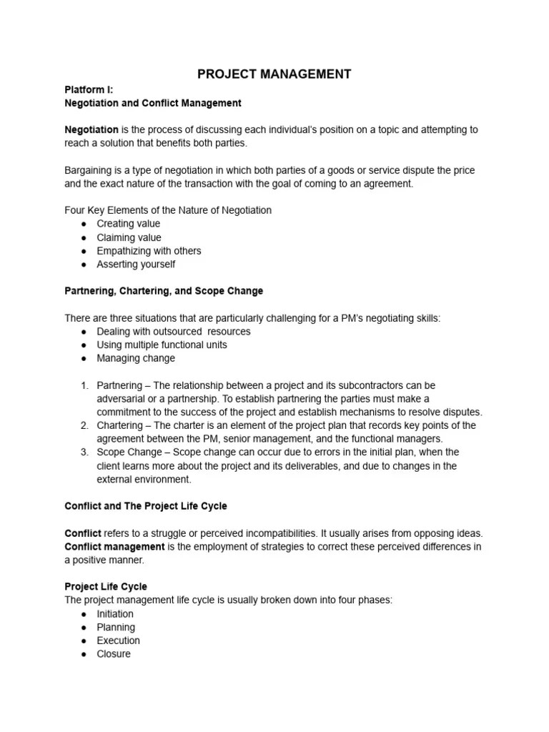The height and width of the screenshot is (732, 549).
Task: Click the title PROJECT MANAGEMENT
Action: tap(274, 74)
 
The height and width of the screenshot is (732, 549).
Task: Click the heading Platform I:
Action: tap(89, 89)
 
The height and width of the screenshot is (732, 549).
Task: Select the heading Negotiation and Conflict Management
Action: tap(153, 103)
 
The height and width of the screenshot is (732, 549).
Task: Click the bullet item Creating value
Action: tap(129, 224)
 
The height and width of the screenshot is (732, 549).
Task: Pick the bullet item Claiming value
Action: tap(129, 237)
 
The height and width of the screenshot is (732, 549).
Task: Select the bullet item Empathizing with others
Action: tap(149, 251)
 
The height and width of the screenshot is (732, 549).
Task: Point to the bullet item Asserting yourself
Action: tap(136, 264)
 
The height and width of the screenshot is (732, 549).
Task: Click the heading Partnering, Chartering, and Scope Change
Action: tap(164, 291)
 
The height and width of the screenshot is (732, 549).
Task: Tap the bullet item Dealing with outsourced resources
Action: tap(173, 332)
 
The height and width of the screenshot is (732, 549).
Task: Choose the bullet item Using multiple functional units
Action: tap(162, 345)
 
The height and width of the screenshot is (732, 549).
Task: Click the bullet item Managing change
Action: tap(136, 358)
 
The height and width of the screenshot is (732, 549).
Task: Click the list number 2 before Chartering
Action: tap(84, 425)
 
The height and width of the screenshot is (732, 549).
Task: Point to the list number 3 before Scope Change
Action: tap(84, 452)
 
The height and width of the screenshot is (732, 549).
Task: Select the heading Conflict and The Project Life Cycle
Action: tap(146, 506)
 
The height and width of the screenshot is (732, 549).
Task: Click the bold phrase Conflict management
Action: tap(114, 547)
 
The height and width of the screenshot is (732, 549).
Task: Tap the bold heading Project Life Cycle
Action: tap(106, 587)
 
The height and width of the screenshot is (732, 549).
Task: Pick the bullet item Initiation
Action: tap(115, 614)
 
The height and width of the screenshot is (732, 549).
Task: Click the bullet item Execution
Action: tap(118, 640)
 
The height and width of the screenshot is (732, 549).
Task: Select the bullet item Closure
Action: tap(114, 654)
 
